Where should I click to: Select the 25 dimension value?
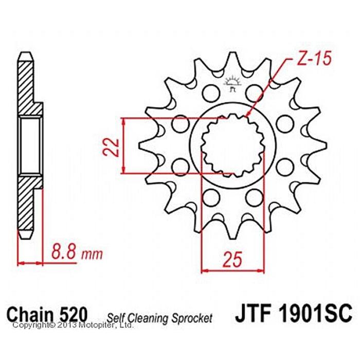tap(233, 259)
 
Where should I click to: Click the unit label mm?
tap(92, 254)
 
